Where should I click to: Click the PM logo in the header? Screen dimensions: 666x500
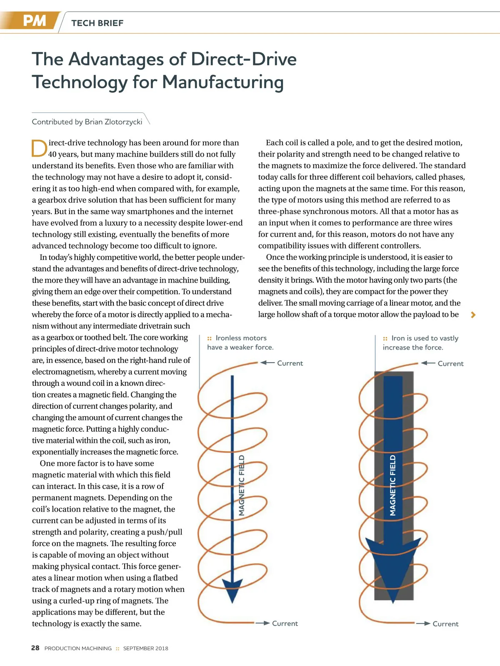click(x=34, y=21)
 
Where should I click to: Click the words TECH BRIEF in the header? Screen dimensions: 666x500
click(x=97, y=23)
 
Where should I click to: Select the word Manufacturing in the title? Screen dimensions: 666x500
click(x=222, y=82)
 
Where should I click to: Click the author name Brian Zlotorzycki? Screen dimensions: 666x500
click(x=113, y=122)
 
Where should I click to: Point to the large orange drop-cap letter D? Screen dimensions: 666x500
click(x=39, y=149)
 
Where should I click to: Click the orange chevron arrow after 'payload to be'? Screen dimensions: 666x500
click(x=473, y=315)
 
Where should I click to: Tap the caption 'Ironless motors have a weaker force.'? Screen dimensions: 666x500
click(x=240, y=343)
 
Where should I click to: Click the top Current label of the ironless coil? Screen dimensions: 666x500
click(x=290, y=363)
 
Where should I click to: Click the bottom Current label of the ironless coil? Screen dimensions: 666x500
click(x=285, y=624)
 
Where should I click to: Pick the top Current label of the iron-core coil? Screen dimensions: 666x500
click(x=450, y=364)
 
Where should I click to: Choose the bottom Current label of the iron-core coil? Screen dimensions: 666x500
click(x=445, y=624)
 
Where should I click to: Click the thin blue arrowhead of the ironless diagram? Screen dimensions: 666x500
click(x=232, y=589)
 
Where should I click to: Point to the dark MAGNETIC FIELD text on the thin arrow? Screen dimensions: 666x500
click(x=242, y=485)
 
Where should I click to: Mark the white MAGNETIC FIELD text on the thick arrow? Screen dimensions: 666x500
click(x=392, y=485)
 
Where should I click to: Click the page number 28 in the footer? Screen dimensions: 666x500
click(x=35, y=648)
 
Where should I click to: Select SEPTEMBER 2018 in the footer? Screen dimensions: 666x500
click(x=146, y=649)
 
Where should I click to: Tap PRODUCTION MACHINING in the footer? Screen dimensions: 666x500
click(x=78, y=649)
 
